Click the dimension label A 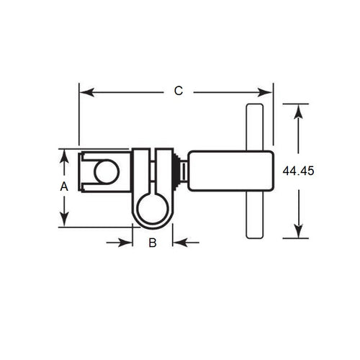click(x=63, y=186)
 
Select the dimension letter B click(x=153, y=243)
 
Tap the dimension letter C click(x=179, y=91)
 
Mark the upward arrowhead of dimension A click(x=63, y=156)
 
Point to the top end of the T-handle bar click(x=253, y=110)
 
